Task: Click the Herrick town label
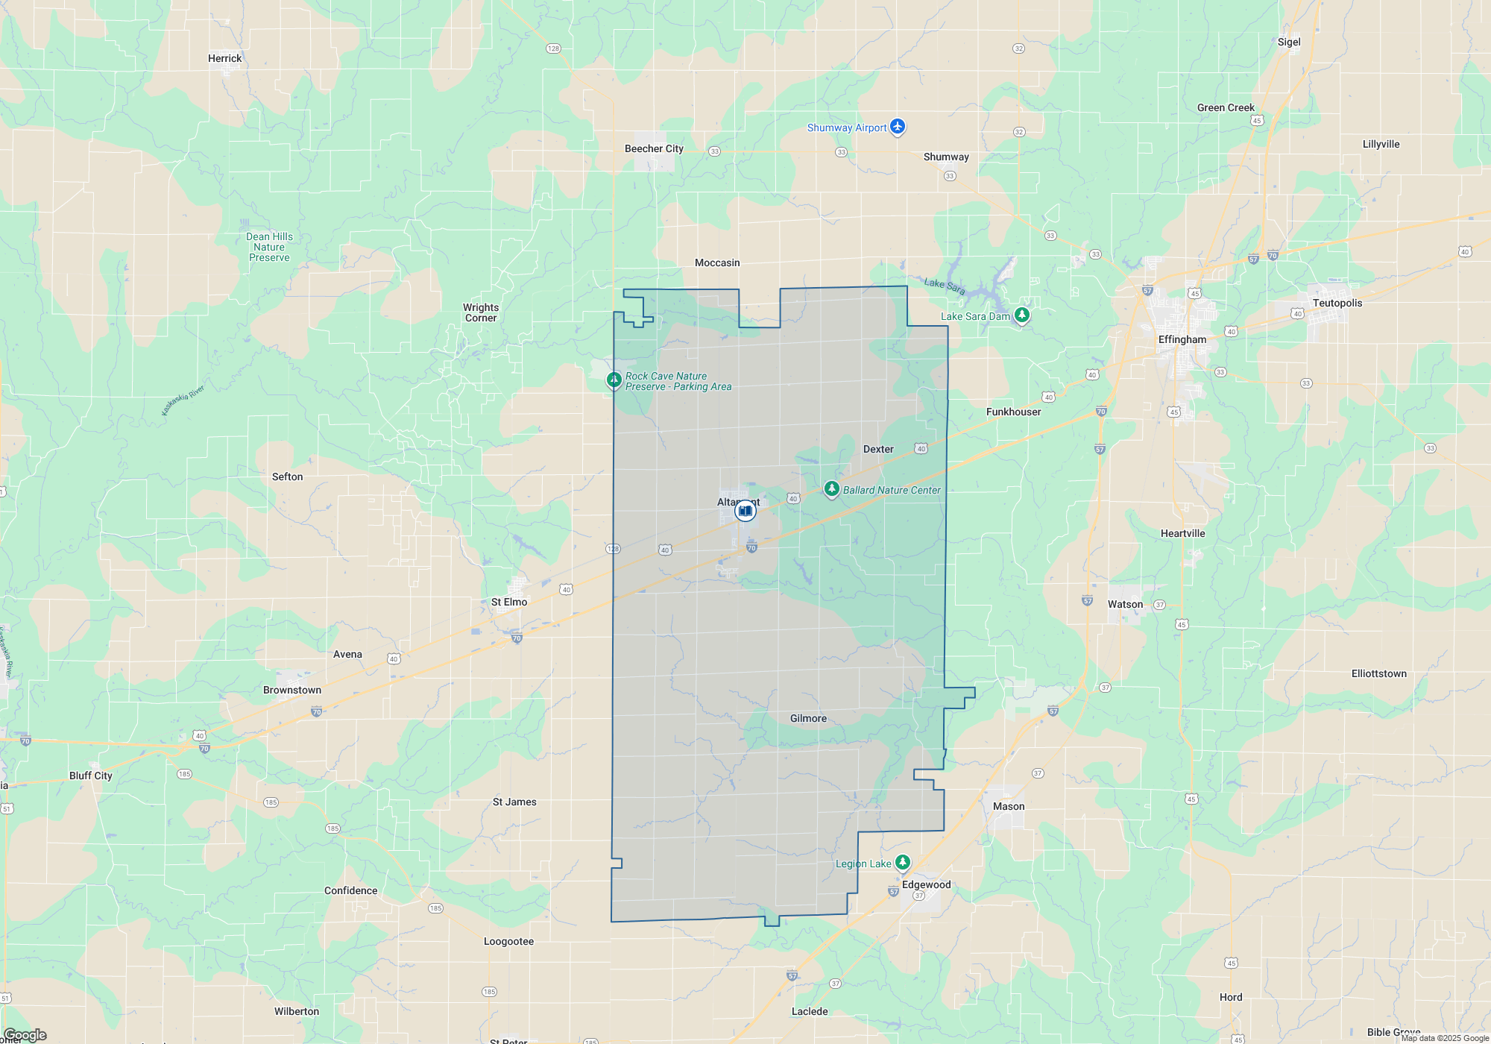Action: pos(224,58)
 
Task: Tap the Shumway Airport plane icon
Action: pos(898,127)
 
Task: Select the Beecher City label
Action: pos(654,148)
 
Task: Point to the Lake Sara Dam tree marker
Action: pos(1022,315)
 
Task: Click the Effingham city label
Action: pos(1182,339)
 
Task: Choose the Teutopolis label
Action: pos(1337,303)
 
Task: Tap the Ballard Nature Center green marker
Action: pos(831,489)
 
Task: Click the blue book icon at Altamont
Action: pos(745,511)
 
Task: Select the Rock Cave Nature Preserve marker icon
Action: pos(614,380)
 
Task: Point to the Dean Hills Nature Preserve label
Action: pos(269,247)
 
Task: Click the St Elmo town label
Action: pos(509,602)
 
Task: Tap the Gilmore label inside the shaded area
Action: pos(808,718)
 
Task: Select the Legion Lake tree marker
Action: pos(902,863)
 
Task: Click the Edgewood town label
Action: pos(926,884)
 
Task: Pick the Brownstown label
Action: pos(292,690)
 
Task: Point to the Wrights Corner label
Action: pos(481,312)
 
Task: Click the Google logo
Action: pos(25,1034)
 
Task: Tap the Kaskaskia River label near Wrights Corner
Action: pos(183,401)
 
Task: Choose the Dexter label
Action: pos(877,449)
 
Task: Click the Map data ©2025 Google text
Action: pos(1444,1038)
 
